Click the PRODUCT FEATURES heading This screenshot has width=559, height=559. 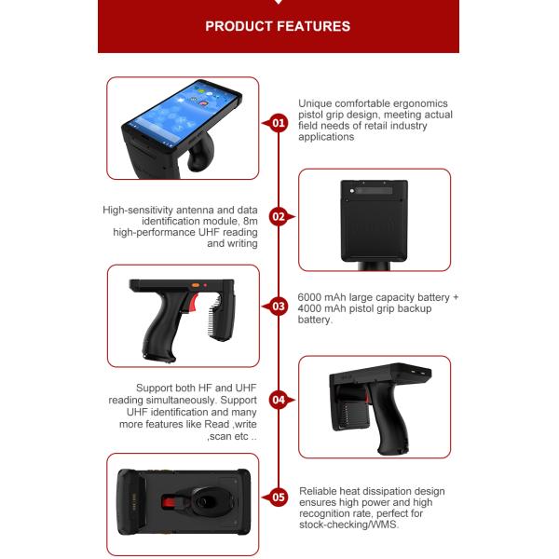point(278,26)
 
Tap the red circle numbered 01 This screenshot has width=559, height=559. point(278,123)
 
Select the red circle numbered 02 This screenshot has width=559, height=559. point(278,217)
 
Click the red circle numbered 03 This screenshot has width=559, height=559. point(278,307)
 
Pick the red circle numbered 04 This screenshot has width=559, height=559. point(278,400)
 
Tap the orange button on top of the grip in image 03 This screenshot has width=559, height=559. point(196,285)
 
